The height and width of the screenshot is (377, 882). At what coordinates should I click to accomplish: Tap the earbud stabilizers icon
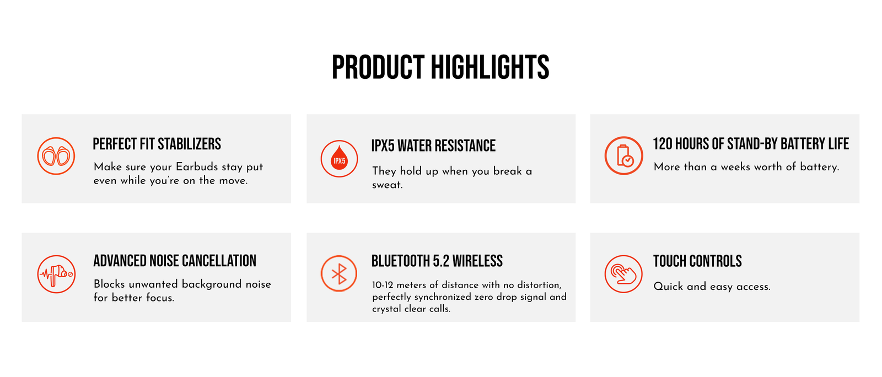tap(56, 156)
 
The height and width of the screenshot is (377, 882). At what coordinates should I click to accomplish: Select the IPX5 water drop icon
tap(339, 159)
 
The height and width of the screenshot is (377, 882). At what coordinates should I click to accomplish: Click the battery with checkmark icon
tap(623, 155)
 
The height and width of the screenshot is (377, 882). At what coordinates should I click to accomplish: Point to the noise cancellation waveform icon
tap(56, 274)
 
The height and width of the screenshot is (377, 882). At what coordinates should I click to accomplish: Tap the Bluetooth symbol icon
tap(338, 273)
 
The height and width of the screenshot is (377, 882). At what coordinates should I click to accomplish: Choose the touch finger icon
tap(623, 274)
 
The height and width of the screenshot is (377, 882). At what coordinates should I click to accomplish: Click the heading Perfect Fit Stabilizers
tap(157, 144)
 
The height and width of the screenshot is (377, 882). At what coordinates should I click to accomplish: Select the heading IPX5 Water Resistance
tap(433, 146)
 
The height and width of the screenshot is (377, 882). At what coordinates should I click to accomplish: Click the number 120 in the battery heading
tap(662, 144)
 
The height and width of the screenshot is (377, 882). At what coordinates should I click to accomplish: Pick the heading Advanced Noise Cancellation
tap(175, 261)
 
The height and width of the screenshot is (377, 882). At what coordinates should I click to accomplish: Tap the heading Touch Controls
tap(697, 261)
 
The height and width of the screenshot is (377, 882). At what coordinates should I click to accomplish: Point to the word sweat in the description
tap(387, 185)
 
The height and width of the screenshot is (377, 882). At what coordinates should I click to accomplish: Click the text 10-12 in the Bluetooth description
tap(383, 285)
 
